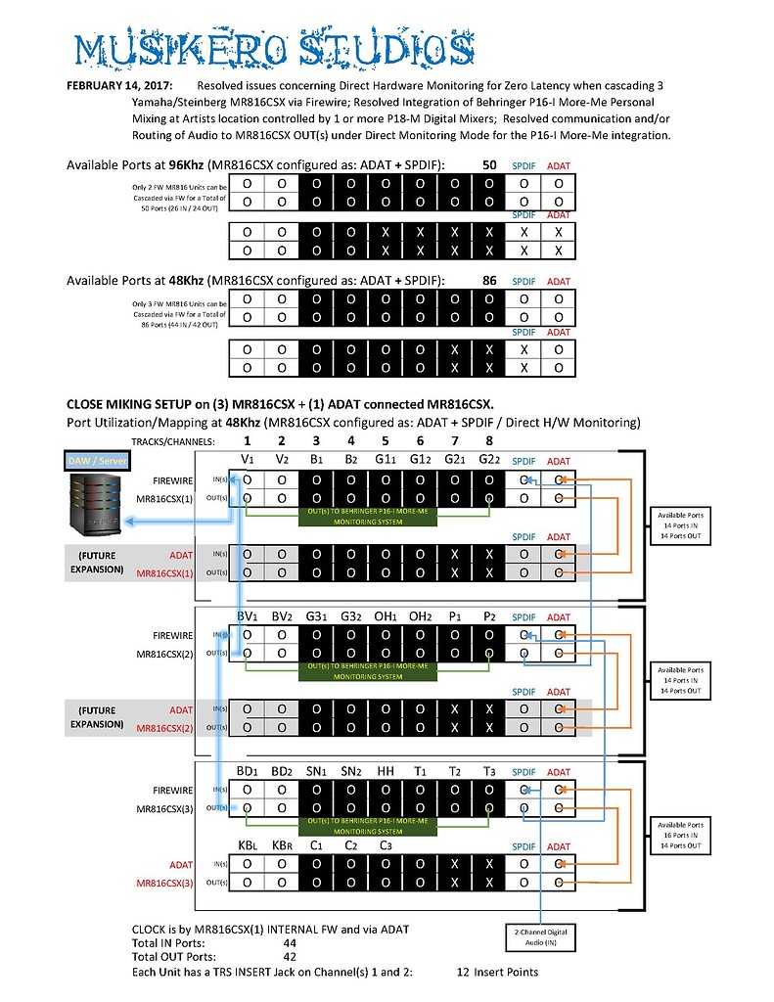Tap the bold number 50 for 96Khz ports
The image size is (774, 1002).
(x=489, y=165)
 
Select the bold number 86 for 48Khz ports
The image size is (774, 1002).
(x=489, y=281)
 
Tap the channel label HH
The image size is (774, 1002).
(x=386, y=771)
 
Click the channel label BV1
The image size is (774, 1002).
(x=247, y=616)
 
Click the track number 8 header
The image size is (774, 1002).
(x=488, y=441)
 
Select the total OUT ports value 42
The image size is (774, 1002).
(x=290, y=957)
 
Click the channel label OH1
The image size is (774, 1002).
(x=386, y=616)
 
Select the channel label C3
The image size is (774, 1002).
(x=386, y=846)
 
